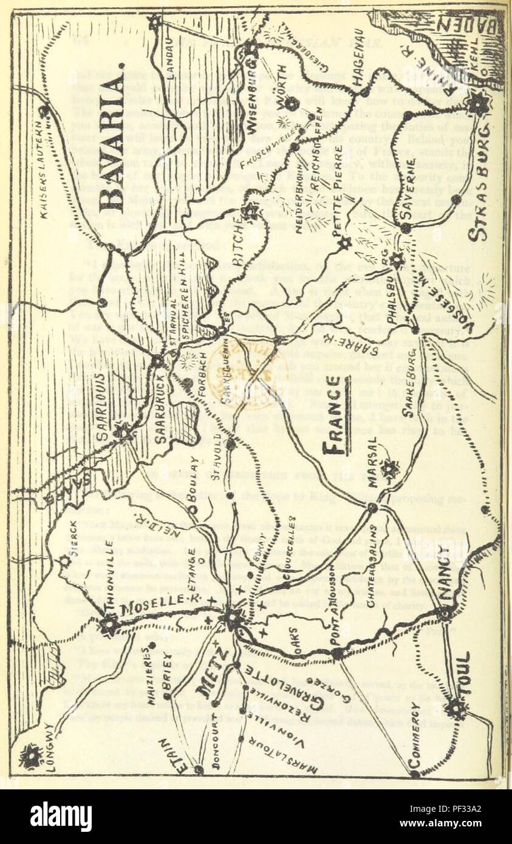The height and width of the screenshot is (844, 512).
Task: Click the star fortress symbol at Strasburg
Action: [479, 104]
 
